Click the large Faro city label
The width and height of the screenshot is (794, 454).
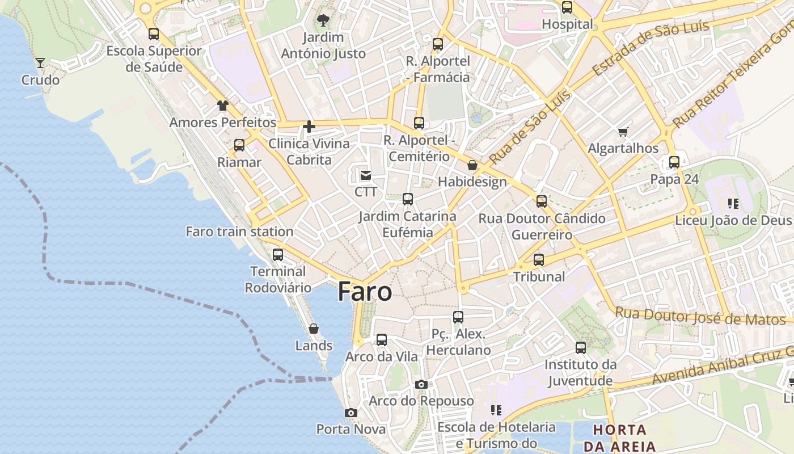(365, 292)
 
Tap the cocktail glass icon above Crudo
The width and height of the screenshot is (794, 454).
(40, 62)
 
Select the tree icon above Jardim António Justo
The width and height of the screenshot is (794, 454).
(323, 21)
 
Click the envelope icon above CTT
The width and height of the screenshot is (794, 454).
(366, 175)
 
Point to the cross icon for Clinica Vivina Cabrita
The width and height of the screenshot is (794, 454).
(309, 127)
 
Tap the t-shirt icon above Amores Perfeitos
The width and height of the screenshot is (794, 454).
(223, 106)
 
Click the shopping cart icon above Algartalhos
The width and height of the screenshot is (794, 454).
(623, 132)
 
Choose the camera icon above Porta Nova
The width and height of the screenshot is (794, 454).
(351, 413)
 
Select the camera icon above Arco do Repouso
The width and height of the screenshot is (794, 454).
(421, 384)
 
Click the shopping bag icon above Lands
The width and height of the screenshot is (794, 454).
(314, 329)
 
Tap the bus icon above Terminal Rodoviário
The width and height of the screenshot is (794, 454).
(278, 254)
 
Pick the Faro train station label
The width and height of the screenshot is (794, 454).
(239, 232)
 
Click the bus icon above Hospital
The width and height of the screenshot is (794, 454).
(567, 7)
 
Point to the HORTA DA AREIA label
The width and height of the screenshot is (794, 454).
(620, 438)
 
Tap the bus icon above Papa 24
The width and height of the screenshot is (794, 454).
(674, 162)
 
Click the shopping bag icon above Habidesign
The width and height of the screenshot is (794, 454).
(472, 165)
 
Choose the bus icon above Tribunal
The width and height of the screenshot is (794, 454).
(539, 260)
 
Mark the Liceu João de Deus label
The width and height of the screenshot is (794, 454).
(733, 220)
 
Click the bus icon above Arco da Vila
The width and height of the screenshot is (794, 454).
(382, 340)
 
